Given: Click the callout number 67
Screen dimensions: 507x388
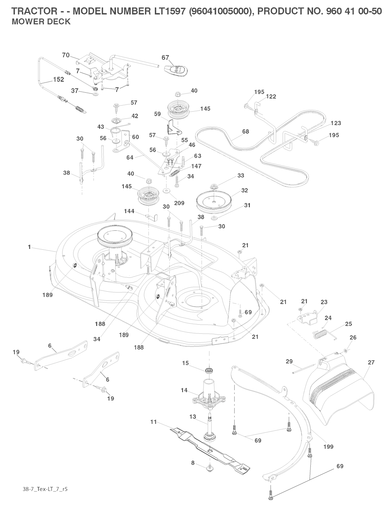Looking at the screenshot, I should click(x=165, y=58).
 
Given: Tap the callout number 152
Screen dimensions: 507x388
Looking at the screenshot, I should click(x=58, y=80).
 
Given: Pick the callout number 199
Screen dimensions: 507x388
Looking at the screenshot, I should click(x=328, y=446).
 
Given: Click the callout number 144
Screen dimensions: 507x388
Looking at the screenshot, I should click(x=130, y=211).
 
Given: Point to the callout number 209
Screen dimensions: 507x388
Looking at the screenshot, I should click(x=179, y=203).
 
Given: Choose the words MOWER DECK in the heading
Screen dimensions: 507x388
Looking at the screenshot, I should click(x=41, y=22).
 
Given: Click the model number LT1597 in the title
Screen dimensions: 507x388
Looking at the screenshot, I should click(x=163, y=11).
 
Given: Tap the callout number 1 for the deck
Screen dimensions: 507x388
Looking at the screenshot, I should click(x=29, y=247).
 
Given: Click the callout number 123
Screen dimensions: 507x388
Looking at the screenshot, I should click(x=336, y=123).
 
